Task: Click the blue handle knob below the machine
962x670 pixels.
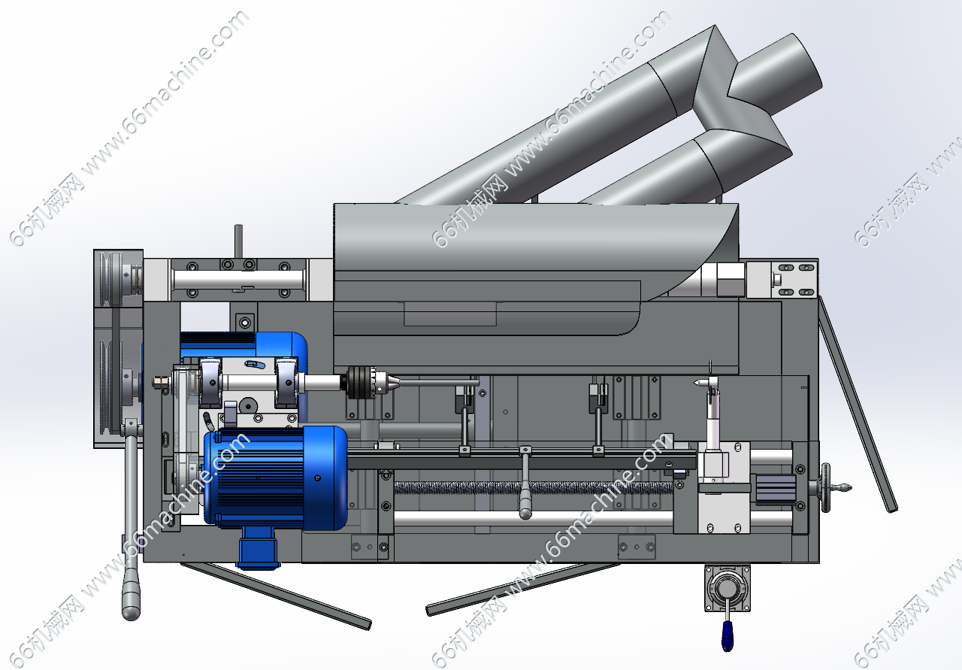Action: click(727, 636)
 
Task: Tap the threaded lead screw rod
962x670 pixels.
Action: click(534, 488)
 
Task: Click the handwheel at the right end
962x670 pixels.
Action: click(825, 488)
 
